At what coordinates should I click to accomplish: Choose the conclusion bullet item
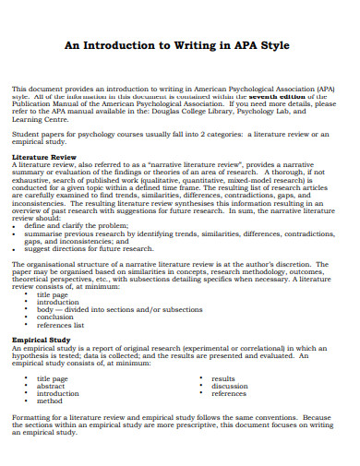pos(56,317)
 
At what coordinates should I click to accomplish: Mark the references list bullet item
pos(61,326)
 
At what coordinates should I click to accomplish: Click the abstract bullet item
pos(52,387)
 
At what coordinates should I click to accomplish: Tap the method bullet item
pos(50,402)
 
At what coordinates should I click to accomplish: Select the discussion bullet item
pos(230,387)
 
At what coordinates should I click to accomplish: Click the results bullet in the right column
pos(223,378)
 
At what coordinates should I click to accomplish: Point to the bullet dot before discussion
pos(201,387)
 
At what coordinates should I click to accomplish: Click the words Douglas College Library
pos(227,111)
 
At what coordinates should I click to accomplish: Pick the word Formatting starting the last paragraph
pos(32,417)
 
